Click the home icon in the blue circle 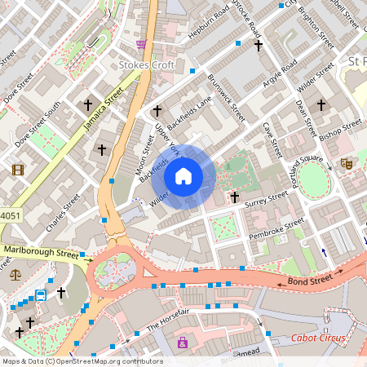(183, 176)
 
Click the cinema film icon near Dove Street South (18, 170)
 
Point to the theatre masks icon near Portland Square (346, 163)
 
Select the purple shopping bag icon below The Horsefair (182, 343)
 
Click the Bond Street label (310, 281)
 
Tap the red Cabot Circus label (319, 338)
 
